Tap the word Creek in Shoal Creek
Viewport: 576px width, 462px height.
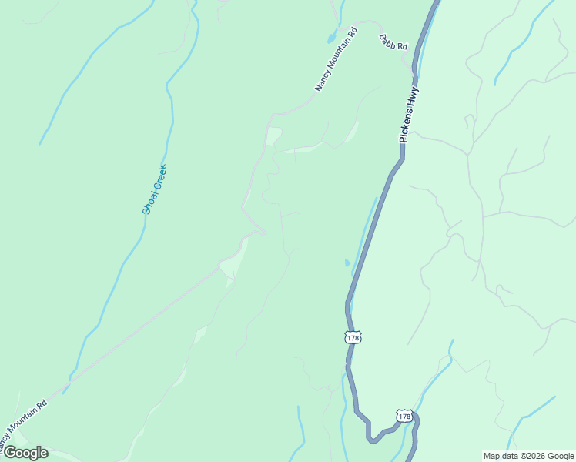coord(158,178)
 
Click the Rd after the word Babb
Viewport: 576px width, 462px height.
coord(400,47)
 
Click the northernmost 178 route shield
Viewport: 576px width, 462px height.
coord(353,337)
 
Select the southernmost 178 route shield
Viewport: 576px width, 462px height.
coord(404,416)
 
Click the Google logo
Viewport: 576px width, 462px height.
coord(25,453)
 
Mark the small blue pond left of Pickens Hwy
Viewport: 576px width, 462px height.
coord(347,263)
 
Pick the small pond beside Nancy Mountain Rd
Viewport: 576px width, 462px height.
coord(330,37)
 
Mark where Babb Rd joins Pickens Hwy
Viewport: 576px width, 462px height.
coord(414,70)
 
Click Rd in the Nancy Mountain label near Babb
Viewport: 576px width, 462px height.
coord(353,34)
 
